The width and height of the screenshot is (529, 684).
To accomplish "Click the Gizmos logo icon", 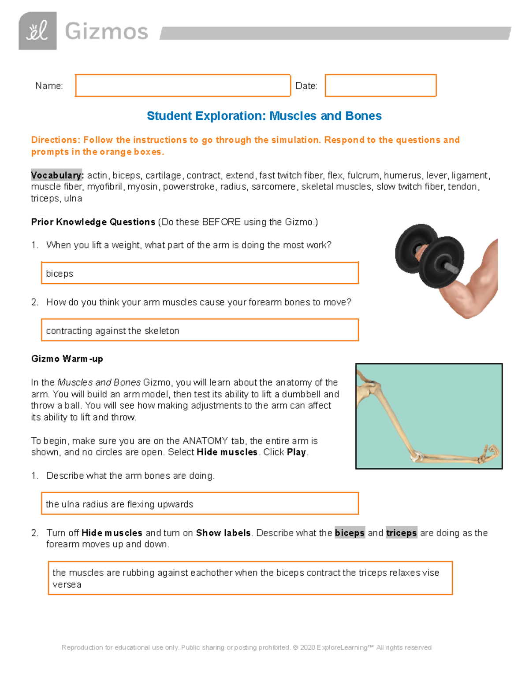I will (x=37, y=31).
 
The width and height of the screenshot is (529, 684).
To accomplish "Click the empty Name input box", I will (x=183, y=85).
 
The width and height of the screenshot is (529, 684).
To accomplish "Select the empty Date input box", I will (x=380, y=85).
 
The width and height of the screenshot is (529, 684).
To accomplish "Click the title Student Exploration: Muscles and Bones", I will (x=264, y=116).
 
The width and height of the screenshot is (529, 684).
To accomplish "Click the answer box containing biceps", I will (x=200, y=273).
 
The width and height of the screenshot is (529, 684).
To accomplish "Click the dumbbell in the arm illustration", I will (x=429, y=255).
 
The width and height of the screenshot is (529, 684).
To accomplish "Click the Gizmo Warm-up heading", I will (x=67, y=359).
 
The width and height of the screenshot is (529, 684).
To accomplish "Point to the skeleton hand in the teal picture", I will (x=489, y=454).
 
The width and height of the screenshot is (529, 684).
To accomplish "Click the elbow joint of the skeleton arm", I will (x=416, y=456).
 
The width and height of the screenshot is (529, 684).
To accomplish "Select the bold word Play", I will (x=296, y=452).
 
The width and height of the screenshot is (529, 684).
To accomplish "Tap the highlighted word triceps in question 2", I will (x=401, y=533).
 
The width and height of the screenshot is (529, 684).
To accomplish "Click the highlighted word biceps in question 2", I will (x=350, y=533).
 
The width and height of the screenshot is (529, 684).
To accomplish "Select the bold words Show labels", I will (x=223, y=533).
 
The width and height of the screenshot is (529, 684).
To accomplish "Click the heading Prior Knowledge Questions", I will (x=93, y=222).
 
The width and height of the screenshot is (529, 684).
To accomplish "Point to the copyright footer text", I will (x=246, y=647).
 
